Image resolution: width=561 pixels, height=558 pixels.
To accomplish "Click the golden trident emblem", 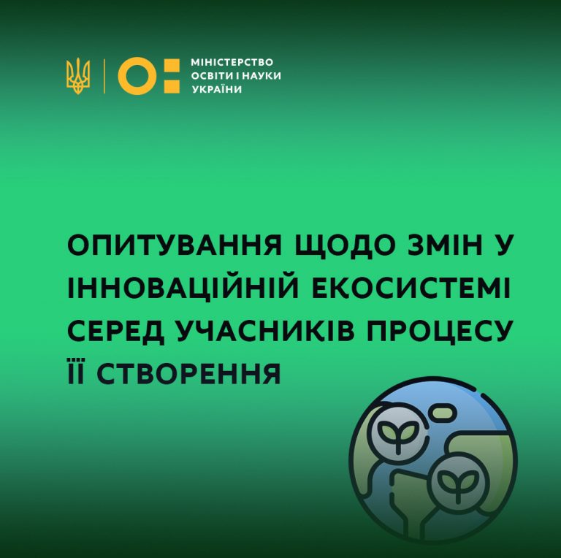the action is pos(78,76).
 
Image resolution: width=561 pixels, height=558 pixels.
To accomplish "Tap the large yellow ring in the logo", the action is pos(137,76).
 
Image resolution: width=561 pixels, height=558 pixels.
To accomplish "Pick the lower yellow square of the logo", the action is pos(172,87).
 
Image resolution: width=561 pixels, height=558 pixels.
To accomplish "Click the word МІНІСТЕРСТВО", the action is pos(232,62).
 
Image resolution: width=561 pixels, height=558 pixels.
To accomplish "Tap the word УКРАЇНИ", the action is pos(217,88).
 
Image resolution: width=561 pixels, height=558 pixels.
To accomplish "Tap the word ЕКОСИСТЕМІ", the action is pos(411,288).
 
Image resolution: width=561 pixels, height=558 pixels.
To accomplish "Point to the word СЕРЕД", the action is pos(116,332).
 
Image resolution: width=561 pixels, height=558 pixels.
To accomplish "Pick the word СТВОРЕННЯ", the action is pos(188,373).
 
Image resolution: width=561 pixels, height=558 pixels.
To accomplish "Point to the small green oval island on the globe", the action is pos(444,412).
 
